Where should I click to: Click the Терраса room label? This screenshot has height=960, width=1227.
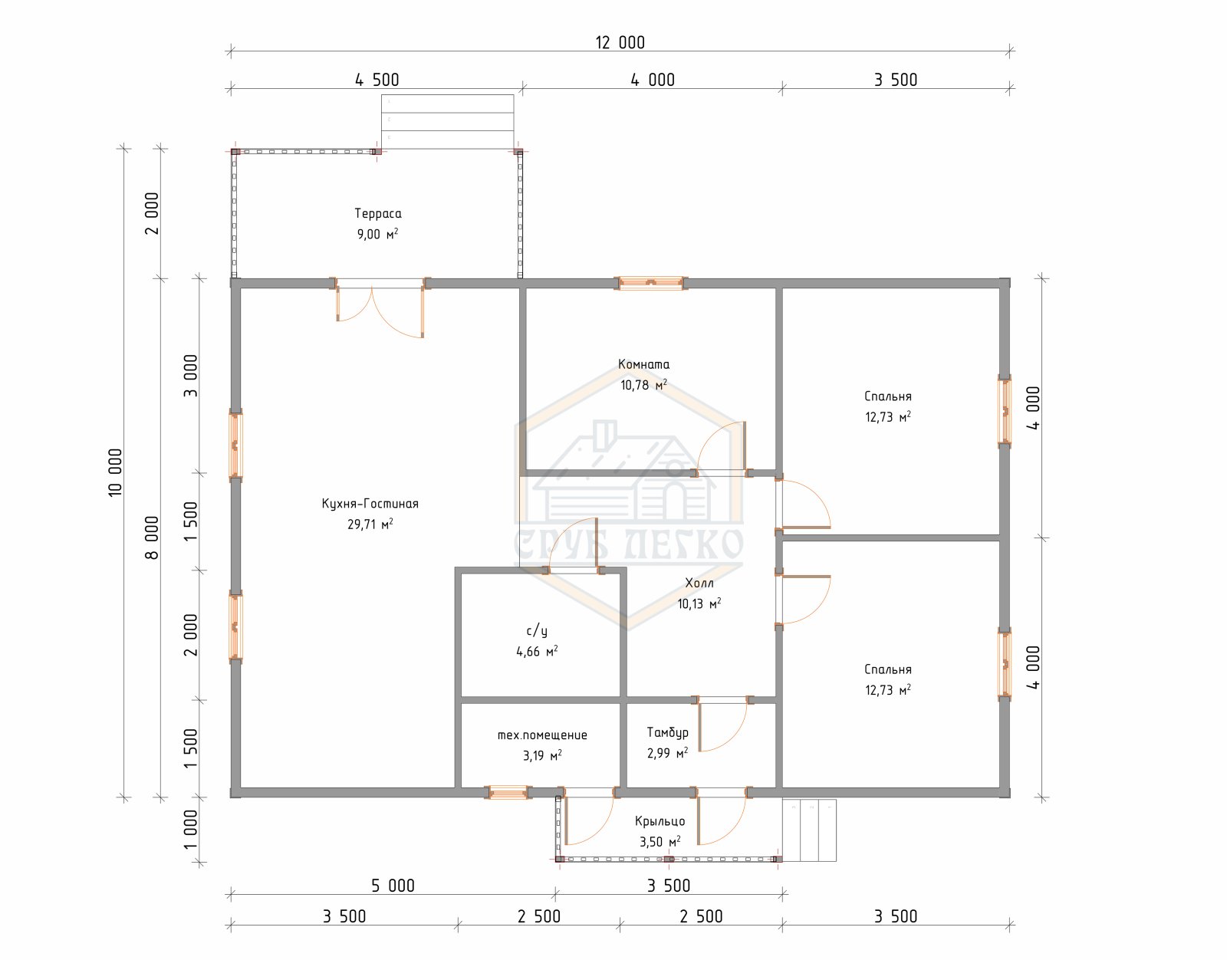pos(378,213)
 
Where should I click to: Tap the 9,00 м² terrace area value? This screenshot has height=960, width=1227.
pos(377,234)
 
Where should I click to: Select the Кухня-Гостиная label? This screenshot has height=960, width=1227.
pos(370,504)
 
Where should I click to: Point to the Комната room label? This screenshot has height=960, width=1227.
pos(643,364)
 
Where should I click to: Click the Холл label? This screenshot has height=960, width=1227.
pos(699,583)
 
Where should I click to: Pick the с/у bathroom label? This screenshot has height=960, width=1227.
pos(536,630)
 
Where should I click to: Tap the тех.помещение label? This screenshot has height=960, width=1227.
pos(542,735)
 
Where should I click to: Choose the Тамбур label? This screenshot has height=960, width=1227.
pos(667,732)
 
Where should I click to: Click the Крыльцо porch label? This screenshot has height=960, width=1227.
pos(660,821)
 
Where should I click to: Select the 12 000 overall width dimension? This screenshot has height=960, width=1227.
pos(620,42)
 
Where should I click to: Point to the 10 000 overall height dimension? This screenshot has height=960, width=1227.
pos(115,473)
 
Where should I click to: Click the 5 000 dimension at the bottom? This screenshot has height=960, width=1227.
pos(393,886)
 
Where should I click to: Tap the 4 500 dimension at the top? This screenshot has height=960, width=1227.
pos(377,81)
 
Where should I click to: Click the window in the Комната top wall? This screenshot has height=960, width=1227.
pos(650,283)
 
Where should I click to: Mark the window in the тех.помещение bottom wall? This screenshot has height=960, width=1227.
pos(508,792)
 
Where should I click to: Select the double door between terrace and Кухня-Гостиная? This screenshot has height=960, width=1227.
pos(380,307)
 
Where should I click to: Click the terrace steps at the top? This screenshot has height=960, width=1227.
pos(447,122)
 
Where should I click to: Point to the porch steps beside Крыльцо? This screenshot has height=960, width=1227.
pos(808,830)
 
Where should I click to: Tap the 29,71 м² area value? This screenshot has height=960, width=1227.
pos(370,524)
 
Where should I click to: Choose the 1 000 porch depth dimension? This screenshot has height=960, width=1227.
pos(191,829)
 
